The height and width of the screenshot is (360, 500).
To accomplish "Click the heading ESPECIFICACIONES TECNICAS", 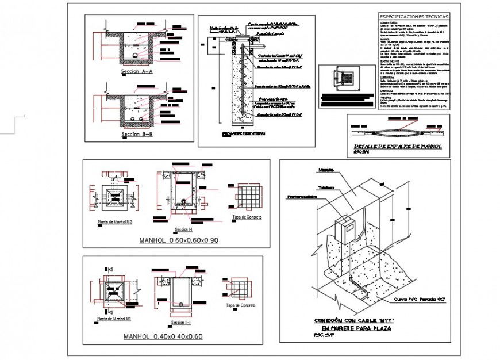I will [414, 17].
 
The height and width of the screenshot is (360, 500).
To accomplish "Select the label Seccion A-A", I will [137, 72].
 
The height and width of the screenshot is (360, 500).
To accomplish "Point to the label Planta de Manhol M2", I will [116, 220].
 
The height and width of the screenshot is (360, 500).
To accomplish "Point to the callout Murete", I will [326, 170].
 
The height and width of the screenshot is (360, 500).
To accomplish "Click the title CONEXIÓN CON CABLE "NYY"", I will [352, 320].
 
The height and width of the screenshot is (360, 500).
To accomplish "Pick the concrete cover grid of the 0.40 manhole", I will [239, 288].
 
